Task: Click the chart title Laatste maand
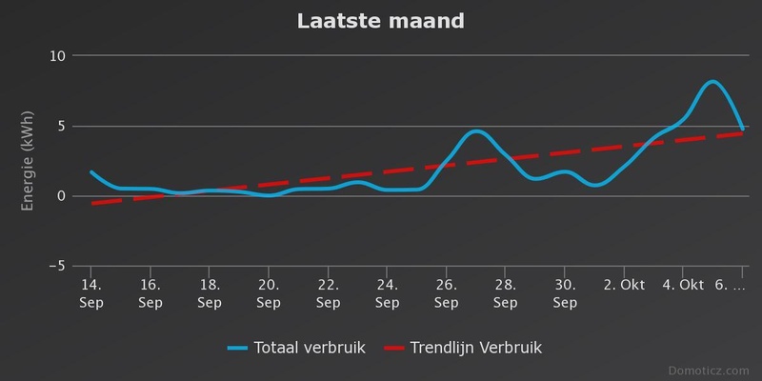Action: (x=381, y=20)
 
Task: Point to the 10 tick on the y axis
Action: (x=56, y=55)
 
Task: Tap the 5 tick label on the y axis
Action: (x=59, y=126)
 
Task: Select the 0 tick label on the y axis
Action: (x=59, y=196)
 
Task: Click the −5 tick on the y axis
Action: (x=54, y=266)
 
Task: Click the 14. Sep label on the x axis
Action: (x=90, y=293)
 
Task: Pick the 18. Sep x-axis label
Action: (x=210, y=293)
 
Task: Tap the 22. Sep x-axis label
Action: (x=329, y=293)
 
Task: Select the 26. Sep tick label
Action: (x=447, y=293)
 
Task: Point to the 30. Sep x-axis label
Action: (x=566, y=293)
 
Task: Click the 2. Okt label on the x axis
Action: (x=626, y=285)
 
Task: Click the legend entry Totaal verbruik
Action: (x=310, y=347)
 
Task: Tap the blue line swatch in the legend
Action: (x=238, y=347)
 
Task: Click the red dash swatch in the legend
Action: (x=394, y=347)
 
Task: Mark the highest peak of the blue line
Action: (x=712, y=82)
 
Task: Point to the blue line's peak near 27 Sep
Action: (x=476, y=131)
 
